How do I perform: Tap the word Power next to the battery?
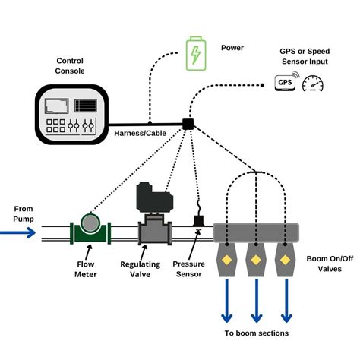click(x=232, y=47)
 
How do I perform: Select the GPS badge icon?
click(x=285, y=82)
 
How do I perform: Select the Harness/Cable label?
click(x=139, y=134)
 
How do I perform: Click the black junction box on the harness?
click(x=187, y=123)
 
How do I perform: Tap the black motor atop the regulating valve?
click(x=154, y=198)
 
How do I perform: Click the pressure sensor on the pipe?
click(x=199, y=221)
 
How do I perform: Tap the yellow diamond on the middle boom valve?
click(x=256, y=260)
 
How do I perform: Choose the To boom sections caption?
click(x=257, y=333)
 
